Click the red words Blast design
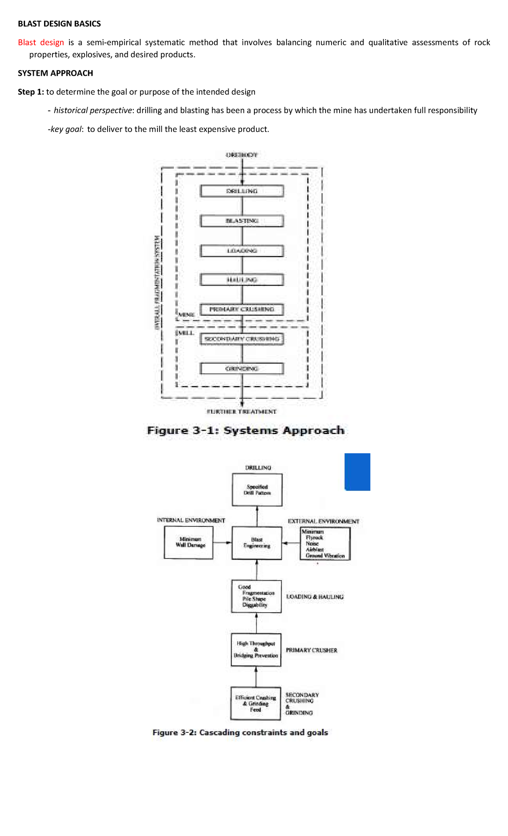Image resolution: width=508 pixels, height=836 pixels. click(x=41, y=42)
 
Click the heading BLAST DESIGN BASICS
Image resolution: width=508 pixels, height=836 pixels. click(x=59, y=24)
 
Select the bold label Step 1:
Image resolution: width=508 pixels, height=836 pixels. click(x=31, y=92)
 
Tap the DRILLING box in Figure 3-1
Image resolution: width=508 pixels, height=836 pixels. click(x=242, y=191)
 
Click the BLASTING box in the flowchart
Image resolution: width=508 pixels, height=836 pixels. click(x=242, y=221)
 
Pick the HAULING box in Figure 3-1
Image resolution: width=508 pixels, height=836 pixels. click(x=242, y=280)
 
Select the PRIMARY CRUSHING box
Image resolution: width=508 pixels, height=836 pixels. click(x=242, y=309)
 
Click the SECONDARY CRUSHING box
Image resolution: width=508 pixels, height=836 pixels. click(x=242, y=339)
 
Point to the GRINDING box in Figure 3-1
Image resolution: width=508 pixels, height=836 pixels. click(x=242, y=368)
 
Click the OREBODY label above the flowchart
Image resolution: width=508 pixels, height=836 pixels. click(x=242, y=155)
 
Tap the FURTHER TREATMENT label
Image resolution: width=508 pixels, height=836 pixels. click(x=242, y=411)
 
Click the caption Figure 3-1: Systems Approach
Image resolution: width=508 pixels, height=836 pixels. click(x=246, y=431)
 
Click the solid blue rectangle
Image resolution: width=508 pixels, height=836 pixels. click(x=357, y=472)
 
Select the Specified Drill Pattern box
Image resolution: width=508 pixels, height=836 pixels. click(x=257, y=490)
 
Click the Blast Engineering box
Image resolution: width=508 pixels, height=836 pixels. click(x=257, y=543)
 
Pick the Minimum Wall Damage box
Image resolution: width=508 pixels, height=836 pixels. click(x=189, y=543)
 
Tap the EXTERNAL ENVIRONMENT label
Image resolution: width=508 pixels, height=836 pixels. click(x=323, y=521)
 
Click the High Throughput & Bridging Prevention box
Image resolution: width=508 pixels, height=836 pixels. click(x=256, y=649)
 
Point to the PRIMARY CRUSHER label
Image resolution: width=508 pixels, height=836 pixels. click(x=312, y=650)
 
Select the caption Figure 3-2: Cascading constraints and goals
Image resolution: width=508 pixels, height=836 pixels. click(x=240, y=732)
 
